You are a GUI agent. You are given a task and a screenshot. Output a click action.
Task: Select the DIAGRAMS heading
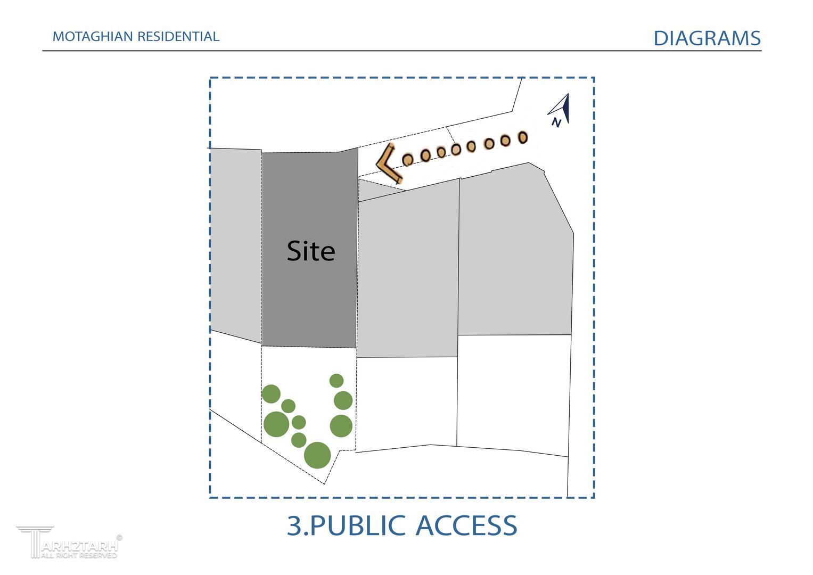click(707, 38)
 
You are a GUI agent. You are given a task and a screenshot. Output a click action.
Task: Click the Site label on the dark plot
click(311, 251)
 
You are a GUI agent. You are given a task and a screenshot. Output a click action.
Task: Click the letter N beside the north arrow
click(556, 123)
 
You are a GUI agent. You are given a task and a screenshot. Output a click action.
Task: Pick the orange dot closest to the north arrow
click(523, 137)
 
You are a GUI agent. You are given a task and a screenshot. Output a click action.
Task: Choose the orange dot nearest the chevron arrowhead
click(408, 159)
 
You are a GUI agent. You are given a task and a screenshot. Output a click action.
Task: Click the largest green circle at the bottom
click(317, 455)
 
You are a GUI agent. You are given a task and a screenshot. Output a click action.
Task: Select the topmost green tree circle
click(336, 381)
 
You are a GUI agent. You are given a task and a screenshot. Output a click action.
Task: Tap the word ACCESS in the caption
click(466, 525)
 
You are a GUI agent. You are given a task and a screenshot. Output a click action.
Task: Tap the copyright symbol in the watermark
click(119, 538)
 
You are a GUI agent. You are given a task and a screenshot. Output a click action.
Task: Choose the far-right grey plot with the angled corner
click(514, 256)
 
